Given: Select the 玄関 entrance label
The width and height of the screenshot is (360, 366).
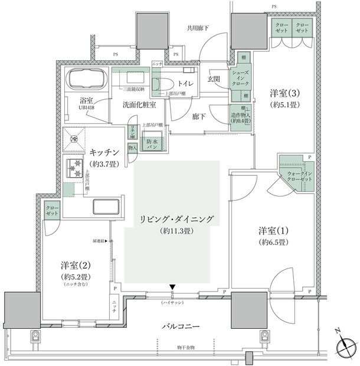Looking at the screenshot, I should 214,79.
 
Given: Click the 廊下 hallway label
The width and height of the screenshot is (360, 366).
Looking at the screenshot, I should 197,117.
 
